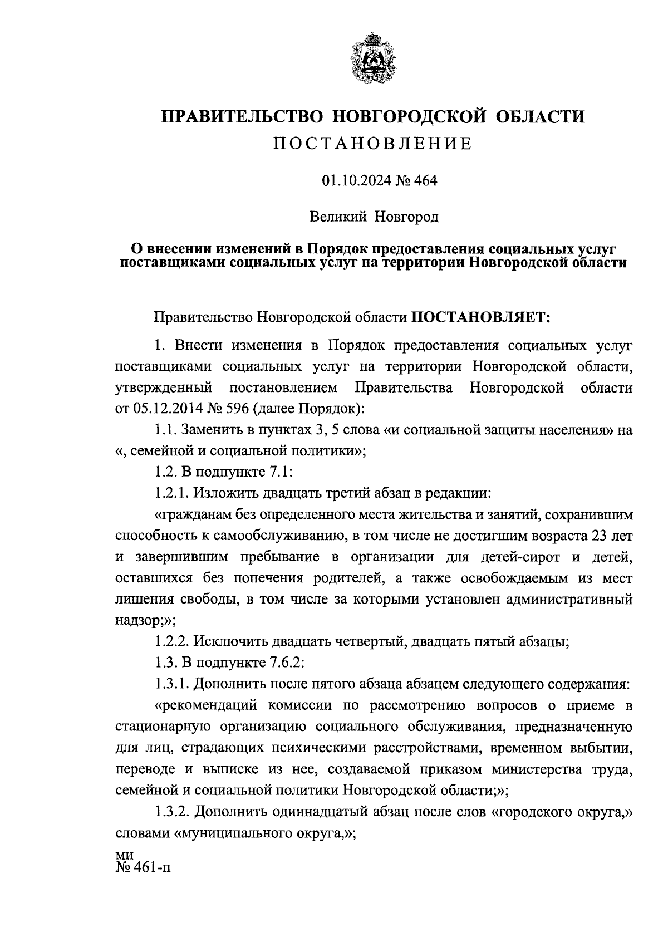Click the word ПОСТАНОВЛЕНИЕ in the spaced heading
click(372, 144)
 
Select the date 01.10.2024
click(351, 181)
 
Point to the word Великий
click(338, 216)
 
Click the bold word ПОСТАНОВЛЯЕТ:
click(480, 318)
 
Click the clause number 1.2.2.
click(174, 642)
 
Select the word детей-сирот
click(520, 557)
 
